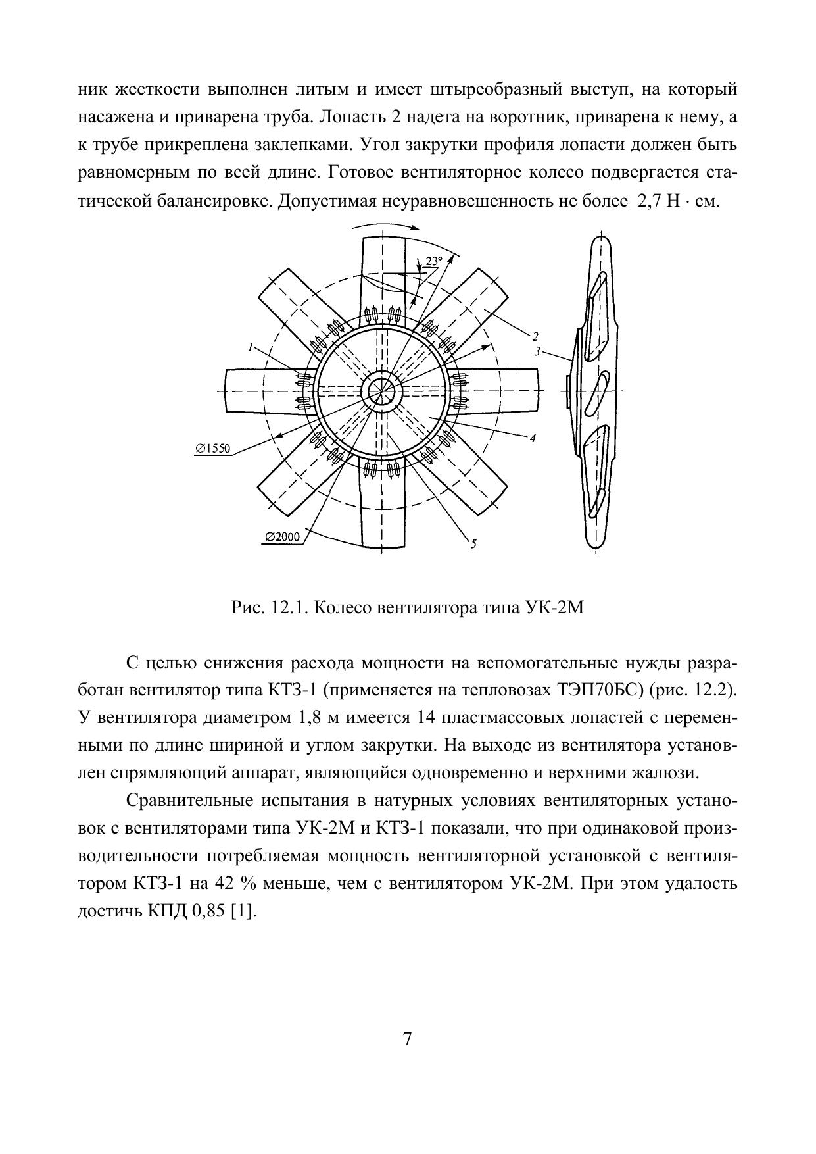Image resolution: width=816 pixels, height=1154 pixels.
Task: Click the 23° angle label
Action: tap(433, 261)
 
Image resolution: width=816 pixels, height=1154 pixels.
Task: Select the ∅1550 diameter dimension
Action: tap(212, 448)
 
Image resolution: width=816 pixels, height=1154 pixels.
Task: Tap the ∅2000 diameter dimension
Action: tap(283, 537)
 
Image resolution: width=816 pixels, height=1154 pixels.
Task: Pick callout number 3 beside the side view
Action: tap(537, 351)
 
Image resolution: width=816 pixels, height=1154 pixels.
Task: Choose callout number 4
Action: tap(533, 437)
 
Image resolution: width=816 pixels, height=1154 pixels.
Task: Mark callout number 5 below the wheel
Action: tap(473, 543)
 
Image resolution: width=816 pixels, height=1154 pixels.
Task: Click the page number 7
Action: tap(408, 1039)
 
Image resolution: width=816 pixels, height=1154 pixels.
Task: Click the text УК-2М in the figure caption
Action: tap(556, 607)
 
